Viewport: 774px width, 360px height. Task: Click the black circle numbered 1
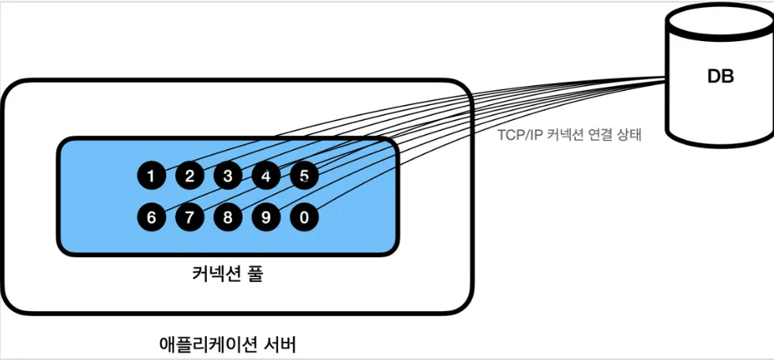pyautogui.click(x=151, y=176)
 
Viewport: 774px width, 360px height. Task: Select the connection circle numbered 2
pyautogui.click(x=190, y=176)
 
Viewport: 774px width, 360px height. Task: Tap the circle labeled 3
pyautogui.click(x=227, y=176)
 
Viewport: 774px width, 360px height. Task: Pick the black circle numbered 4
pyautogui.click(x=266, y=176)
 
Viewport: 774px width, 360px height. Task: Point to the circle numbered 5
pyautogui.click(x=304, y=176)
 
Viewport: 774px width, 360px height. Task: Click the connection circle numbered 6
pyautogui.click(x=151, y=217)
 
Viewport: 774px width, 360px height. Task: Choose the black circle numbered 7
pyautogui.click(x=190, y=217)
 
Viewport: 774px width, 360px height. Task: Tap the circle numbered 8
pyautogui.click(x=227, y=217)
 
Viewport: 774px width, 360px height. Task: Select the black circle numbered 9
pyautogui.click(x=266, y=217)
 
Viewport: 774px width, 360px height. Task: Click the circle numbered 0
pyautogui.click(x=304, y=217)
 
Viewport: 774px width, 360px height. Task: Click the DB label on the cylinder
pyautogui.click(x=720, y=77)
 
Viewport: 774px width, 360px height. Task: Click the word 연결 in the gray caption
pyautogui.click(x=596, y=135)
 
